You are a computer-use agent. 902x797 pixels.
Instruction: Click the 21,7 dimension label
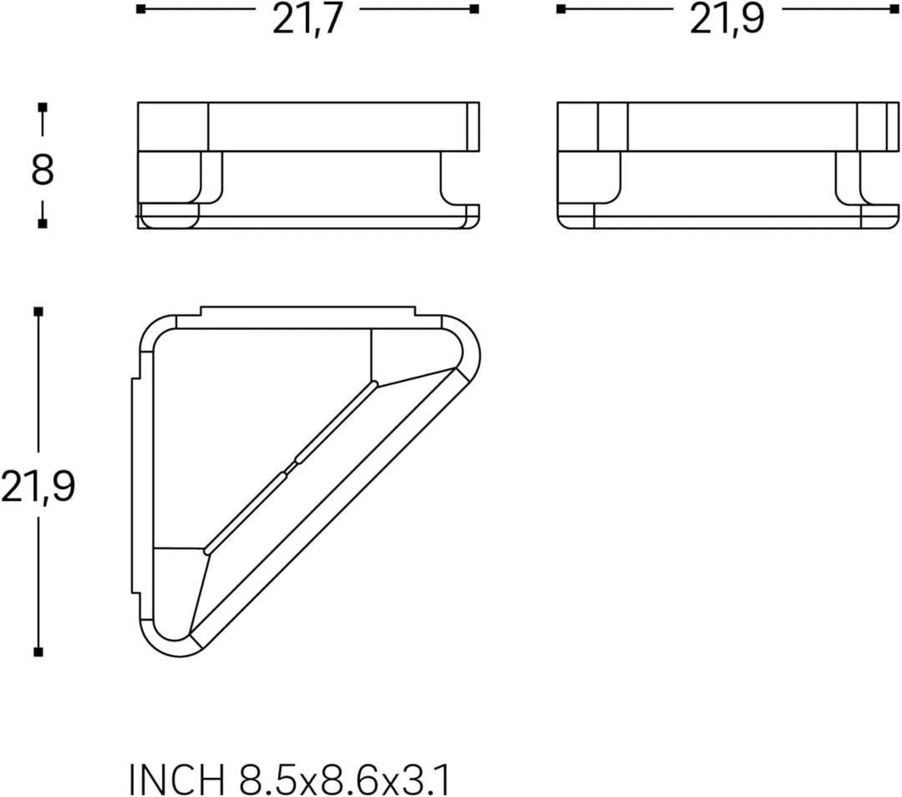coord(307,19)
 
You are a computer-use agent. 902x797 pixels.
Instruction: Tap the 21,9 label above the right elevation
coord(727,19)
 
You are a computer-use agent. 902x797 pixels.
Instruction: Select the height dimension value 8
coord(42,170)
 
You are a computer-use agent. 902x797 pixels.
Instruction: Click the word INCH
coord(176,780)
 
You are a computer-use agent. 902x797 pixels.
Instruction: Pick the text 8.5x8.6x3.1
coord(344,780)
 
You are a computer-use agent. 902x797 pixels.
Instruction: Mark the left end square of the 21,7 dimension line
coord(141,8)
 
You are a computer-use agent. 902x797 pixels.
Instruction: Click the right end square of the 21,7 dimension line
coord(474,8)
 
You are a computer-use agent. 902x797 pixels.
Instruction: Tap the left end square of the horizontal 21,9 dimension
coord(561,8)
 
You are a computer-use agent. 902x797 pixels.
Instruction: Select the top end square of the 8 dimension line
coord(42,108)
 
